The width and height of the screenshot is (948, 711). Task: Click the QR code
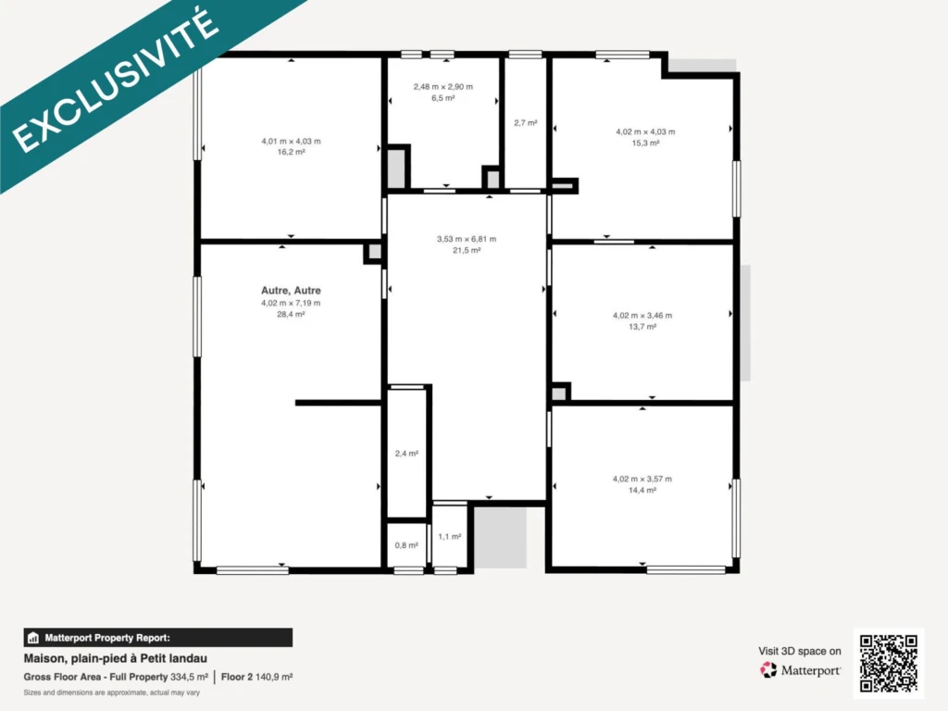(x=888, y=663)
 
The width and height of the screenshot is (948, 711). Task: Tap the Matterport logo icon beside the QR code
(x=768, y=670)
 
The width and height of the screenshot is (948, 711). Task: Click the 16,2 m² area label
(x=291, y=153)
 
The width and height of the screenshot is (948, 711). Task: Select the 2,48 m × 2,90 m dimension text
(x=443, y=86)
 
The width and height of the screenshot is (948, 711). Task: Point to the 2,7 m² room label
(x=526, y=123)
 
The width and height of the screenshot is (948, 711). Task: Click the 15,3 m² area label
(x=645, y=143)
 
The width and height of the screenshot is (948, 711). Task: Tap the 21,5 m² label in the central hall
(x=467, y=250)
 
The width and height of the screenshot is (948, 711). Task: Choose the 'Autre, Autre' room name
(x=291, y=290)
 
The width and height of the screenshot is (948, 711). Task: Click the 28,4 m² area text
(x=291, y=315)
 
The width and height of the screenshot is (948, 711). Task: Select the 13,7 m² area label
(x=642, y=327)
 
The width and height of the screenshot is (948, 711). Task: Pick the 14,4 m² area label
(x=642, y=491)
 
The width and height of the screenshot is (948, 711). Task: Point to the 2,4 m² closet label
(x=406, y=454)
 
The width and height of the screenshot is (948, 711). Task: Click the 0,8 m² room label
(x=406, y=545)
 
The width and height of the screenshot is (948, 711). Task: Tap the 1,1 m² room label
(x=450, y=536)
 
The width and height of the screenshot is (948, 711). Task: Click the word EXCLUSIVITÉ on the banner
(x=116, y=81)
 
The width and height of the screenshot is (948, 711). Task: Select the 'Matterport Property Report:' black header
(x=157, y=638)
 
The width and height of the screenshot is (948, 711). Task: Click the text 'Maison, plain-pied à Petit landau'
(x=116, y=658)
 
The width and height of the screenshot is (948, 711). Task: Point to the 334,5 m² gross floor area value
(x=189, y=677)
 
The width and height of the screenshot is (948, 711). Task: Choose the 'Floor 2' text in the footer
(x=236, y=677)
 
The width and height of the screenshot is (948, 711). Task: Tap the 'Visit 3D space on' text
(x=800, y=651)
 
